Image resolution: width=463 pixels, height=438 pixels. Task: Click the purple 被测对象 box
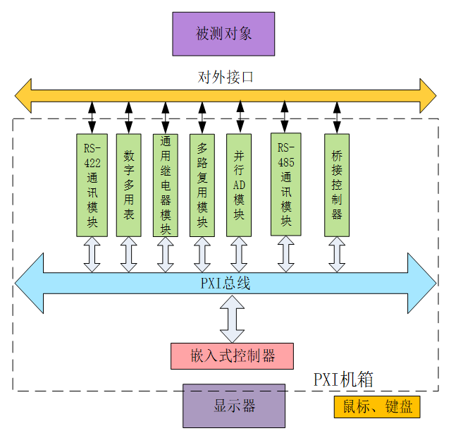223,33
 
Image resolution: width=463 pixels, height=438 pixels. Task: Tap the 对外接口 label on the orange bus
225,78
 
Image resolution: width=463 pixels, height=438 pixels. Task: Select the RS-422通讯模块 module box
92,185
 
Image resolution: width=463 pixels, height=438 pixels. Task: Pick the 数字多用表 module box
129,185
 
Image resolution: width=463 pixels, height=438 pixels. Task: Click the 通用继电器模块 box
166,185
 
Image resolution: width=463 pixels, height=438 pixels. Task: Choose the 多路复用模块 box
202,185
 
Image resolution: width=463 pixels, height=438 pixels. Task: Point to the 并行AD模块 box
240,185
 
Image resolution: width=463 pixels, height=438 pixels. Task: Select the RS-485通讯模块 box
285,185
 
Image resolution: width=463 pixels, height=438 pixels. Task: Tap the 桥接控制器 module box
337,185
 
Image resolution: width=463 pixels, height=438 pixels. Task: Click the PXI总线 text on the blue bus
225,284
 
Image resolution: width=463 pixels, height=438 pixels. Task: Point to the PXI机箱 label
343,379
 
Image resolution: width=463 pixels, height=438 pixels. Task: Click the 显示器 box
234,406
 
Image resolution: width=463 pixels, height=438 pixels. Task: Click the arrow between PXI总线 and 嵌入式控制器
233,320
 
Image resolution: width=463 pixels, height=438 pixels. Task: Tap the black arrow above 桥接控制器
337,117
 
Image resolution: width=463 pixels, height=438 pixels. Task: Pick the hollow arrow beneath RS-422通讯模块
92,255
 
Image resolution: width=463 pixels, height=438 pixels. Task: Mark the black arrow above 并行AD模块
240,117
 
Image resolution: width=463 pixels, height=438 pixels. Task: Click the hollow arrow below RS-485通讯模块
285,254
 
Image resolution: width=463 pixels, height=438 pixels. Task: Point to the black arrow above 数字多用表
129,117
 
